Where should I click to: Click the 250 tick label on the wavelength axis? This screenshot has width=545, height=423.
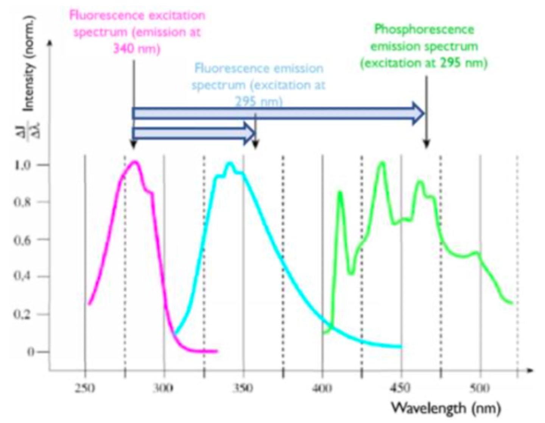coord(85,388)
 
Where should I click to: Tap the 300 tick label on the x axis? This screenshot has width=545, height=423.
coord(163,388)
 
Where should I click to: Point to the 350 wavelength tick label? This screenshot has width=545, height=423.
coord(243,388)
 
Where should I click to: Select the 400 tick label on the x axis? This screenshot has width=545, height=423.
coord(322,388)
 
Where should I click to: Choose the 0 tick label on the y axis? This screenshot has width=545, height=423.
coord(30,352)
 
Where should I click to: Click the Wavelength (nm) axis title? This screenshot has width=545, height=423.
coord(446,408)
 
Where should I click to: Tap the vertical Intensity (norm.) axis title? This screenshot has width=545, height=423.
coord(29,64)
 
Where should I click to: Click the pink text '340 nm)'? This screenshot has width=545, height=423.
coord(137,48)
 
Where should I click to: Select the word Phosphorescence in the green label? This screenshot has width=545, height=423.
coord(424,30)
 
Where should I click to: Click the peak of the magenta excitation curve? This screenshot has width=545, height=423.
coord(134,162)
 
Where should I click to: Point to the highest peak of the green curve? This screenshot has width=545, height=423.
coord(382,163)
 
